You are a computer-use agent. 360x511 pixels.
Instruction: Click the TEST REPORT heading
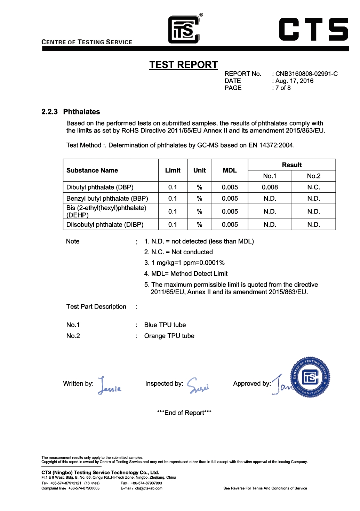tap(183, 65)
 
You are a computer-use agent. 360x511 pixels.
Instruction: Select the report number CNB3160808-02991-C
tap(306, 74)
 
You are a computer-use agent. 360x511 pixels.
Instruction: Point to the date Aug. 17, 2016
tap(294, 81)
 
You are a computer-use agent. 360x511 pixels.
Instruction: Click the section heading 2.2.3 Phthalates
tap(71, 112)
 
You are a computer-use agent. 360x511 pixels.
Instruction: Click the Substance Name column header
tap(92, 170)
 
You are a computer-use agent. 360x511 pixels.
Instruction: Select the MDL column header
tap(230, 170)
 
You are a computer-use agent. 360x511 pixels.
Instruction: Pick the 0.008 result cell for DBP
tap(270, 187)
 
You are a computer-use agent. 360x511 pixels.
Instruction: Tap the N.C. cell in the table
tap(313, 187)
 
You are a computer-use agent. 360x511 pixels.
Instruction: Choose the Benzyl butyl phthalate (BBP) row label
tap(107, 198)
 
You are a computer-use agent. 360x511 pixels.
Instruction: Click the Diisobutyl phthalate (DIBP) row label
tap(105, 225)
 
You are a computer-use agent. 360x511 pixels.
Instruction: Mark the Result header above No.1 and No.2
tap(291, 165)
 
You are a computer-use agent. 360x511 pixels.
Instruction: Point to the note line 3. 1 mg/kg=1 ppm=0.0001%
tap(184, 263)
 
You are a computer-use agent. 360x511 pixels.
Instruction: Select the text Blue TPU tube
tap(165, 325)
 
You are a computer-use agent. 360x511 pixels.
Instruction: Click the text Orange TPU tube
tap(169, 336)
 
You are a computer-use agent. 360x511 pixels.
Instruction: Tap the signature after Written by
tap(109, 386)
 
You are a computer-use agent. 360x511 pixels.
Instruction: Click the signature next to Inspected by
tap(198, 385)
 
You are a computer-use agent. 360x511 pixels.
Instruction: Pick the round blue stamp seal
tap(310, 377)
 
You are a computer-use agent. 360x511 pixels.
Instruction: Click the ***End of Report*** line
tap(184, 413)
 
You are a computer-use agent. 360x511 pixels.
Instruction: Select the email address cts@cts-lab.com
tap(149, 488)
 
